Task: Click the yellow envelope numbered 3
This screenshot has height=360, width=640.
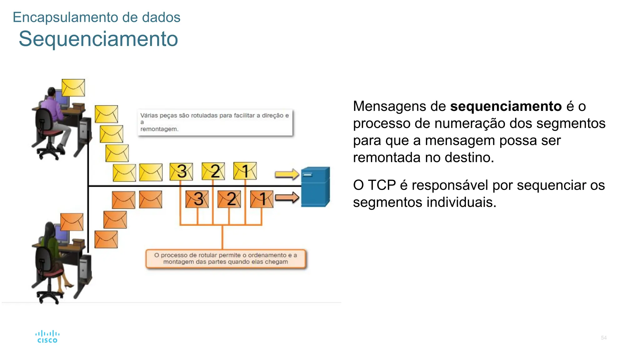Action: point(181,172)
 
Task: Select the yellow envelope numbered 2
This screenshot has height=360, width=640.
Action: point(213,171)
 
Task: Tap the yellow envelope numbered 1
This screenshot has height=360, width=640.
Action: point(245,171)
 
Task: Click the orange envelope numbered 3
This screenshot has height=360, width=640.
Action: point(197,199)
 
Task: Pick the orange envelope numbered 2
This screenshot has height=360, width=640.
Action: point(229,199)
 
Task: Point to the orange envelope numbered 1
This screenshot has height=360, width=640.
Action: point(262,199)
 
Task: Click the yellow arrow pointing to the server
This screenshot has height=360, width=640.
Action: point(287,174)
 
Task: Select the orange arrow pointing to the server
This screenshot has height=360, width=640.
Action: point(287,198)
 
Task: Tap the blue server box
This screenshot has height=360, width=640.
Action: point(315,187)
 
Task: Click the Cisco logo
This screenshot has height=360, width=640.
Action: point(47,337)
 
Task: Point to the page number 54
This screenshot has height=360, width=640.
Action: point(603,338)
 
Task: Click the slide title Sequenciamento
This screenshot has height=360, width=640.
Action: point(98,39)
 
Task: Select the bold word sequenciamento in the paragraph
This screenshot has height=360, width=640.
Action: point(506,107)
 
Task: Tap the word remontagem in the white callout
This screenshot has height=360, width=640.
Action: point(159,129)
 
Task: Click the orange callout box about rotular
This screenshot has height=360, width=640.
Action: point(226,259)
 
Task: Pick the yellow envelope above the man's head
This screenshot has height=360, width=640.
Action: point(73,88)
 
